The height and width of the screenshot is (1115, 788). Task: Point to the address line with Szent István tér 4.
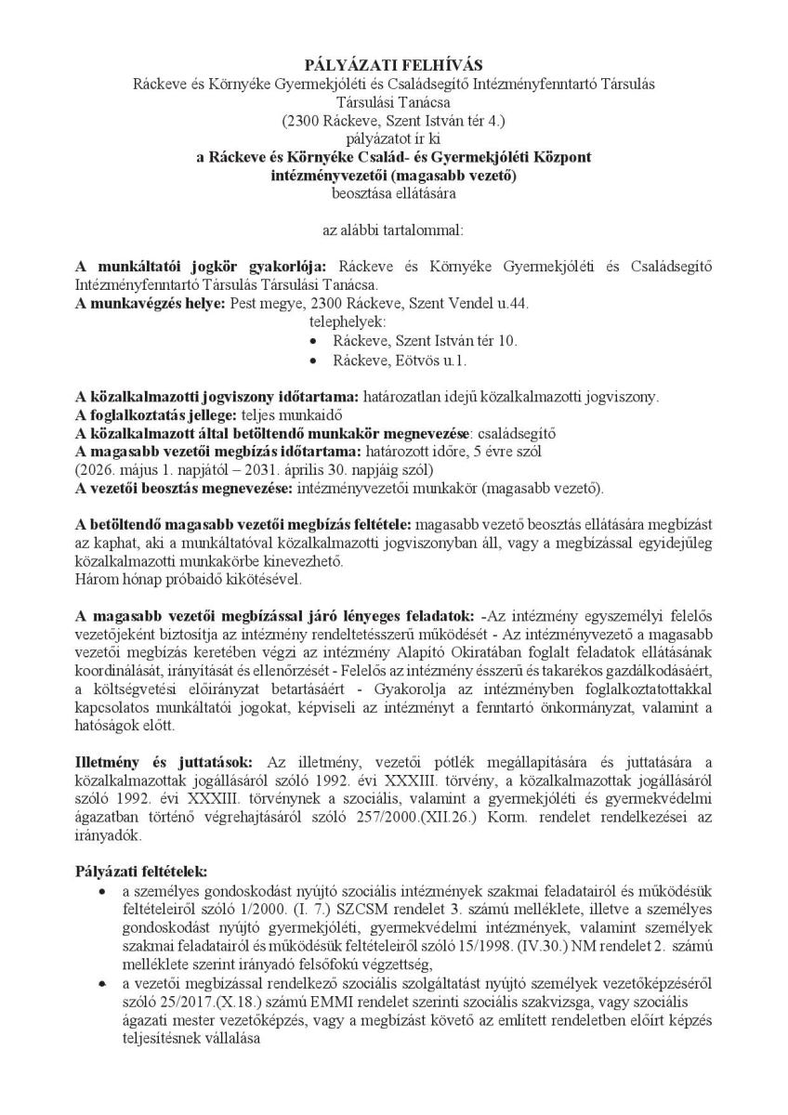coord(393,120)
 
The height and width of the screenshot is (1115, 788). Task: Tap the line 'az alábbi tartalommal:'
coord(393,230)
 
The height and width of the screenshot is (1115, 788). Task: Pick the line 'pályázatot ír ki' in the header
coord(393,138)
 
